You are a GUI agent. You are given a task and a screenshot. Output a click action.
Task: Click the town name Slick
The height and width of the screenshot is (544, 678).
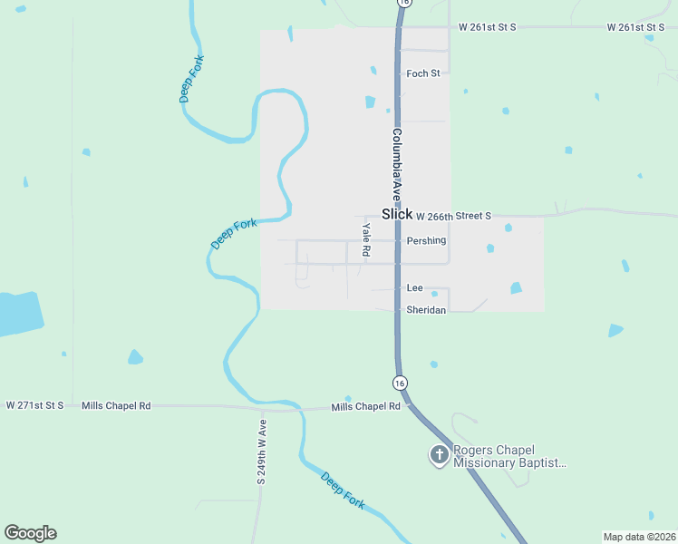point(397,214)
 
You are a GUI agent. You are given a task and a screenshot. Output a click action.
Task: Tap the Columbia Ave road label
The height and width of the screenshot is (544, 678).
point(396,164)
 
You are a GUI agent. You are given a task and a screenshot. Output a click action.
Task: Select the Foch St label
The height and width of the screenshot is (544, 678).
point(423,73)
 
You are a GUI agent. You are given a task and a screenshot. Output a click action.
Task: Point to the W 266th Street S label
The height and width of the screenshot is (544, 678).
point(453,216)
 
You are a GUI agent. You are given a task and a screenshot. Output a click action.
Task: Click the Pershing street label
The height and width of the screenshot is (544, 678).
point(426,240)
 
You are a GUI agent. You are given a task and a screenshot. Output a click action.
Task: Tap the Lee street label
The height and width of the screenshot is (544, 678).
point(415,287)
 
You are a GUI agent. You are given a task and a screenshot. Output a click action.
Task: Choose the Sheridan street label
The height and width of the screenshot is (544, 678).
point(426,309)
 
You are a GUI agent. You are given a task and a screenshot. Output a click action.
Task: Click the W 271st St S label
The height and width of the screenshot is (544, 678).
point(34,406)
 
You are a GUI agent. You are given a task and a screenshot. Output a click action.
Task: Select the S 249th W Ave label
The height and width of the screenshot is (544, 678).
point(261,452)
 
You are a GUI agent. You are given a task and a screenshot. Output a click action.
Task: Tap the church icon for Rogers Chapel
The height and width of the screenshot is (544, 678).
point(439,455)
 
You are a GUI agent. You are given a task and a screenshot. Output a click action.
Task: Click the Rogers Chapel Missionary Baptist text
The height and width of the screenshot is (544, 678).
point(509,456)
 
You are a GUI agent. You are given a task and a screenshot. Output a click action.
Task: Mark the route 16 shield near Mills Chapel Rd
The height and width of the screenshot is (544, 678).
point(400,383)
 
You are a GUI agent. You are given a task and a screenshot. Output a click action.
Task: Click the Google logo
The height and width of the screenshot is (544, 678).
point(30,532)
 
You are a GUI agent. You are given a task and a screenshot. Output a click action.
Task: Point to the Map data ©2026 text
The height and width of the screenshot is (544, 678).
point(639,537)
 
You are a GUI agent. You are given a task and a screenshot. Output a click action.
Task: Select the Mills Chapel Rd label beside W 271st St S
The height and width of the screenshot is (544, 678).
point(116,406)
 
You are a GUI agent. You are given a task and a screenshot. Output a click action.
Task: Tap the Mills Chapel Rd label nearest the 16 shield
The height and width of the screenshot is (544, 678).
point(365,407)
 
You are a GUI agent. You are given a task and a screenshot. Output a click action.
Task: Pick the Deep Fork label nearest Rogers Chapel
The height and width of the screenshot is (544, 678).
point(343,490)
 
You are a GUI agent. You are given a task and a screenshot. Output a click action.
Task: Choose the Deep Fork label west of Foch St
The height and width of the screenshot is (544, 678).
point(193,79)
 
